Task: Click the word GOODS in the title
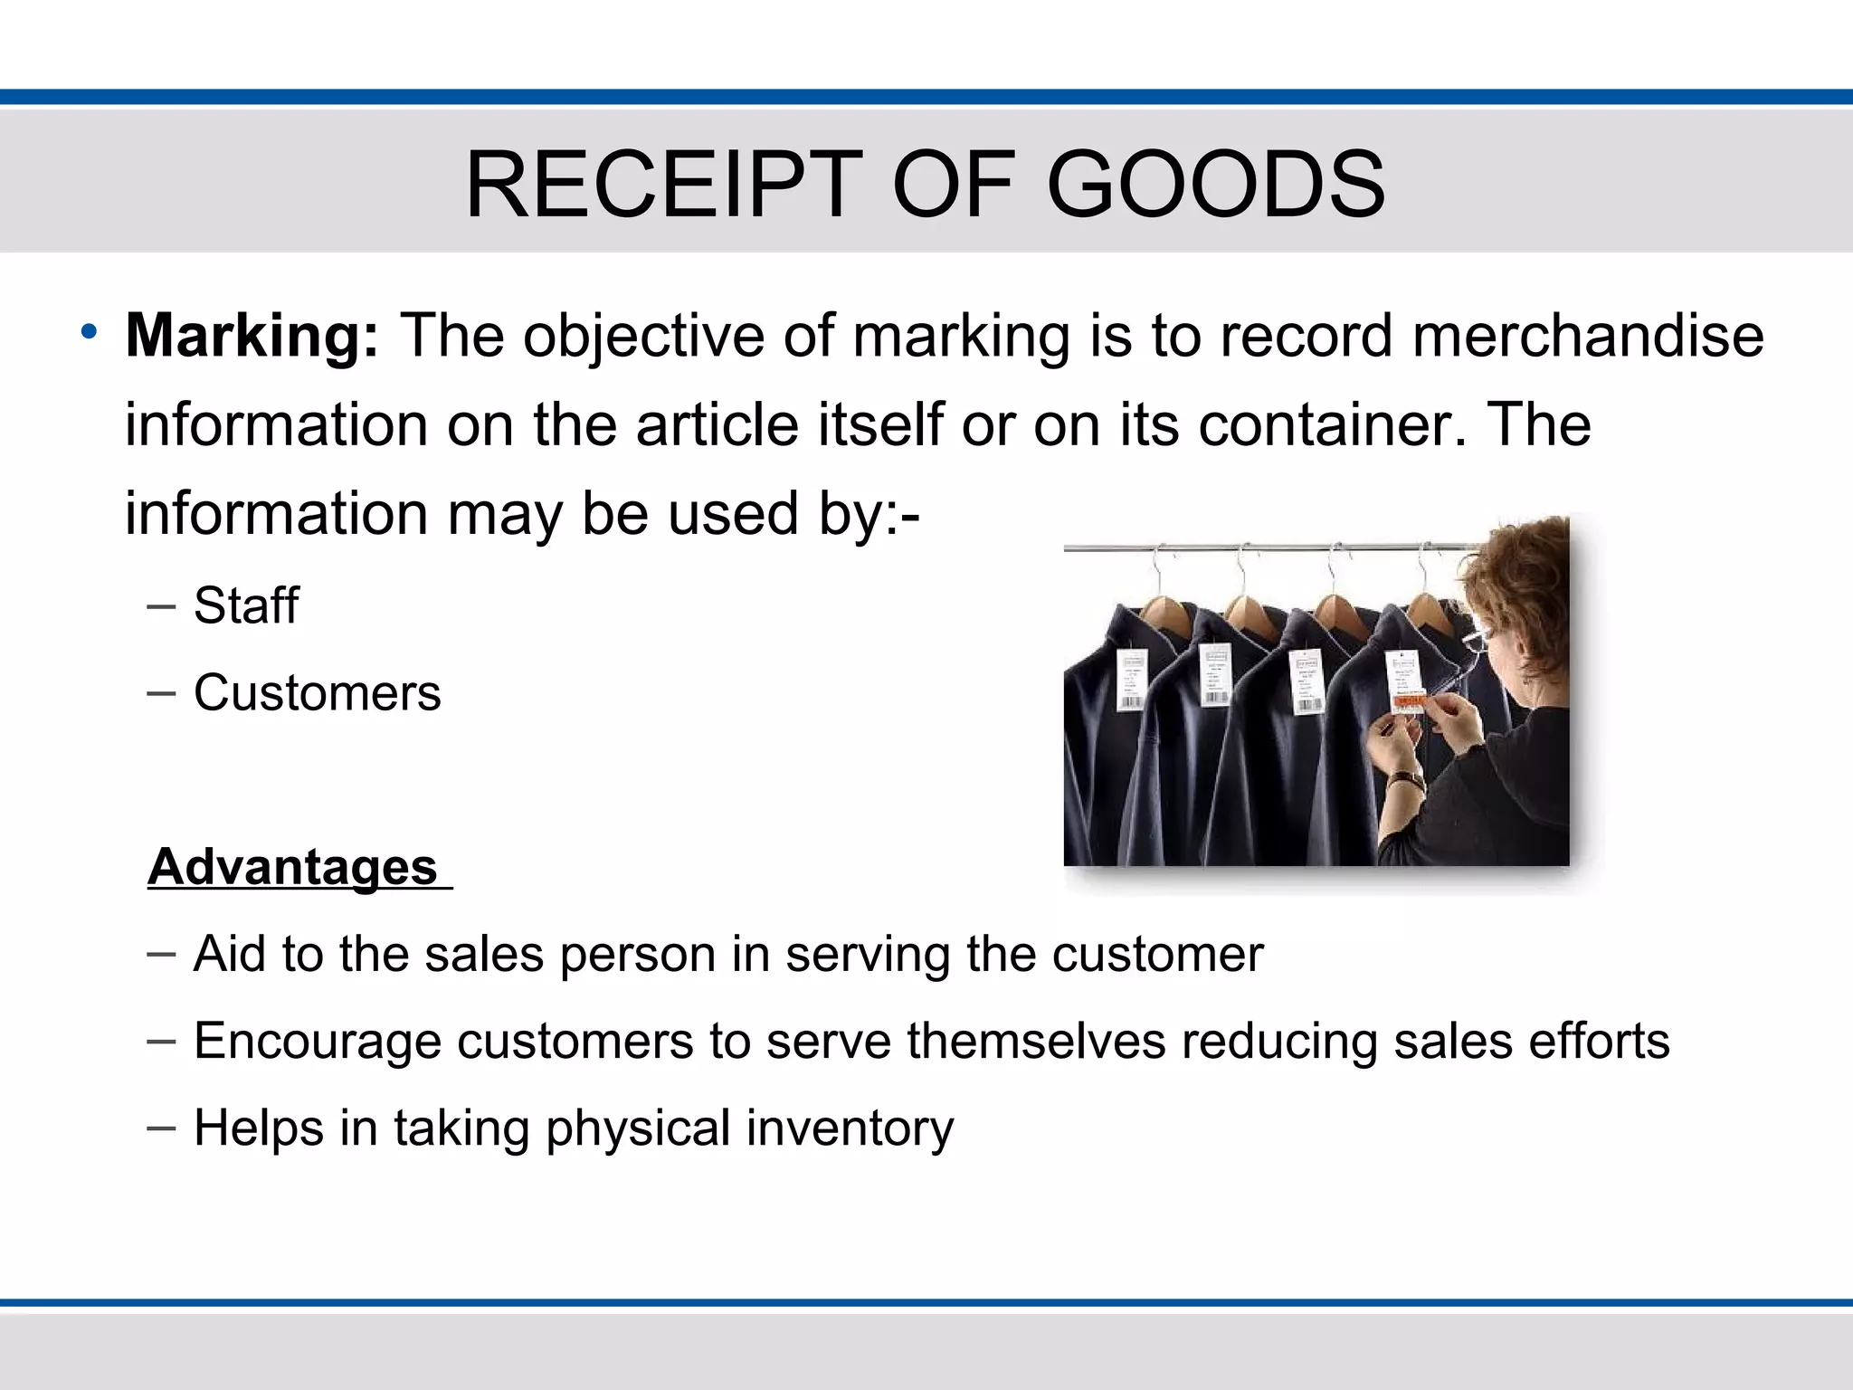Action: [x=1215, y=186]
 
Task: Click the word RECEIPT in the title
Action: [x=663, y=186]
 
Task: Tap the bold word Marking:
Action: [x=252, y=337]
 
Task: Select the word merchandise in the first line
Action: [x=1587, y=337]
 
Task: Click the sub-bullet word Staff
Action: [x=246, y=605]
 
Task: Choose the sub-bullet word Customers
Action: [x=317, y=693]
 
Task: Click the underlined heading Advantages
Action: [x=293, y=867]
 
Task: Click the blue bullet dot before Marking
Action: [x=88, y=331]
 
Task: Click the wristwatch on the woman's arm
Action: [x=1406, y=780]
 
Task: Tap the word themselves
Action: [x=1036, y=1041]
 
